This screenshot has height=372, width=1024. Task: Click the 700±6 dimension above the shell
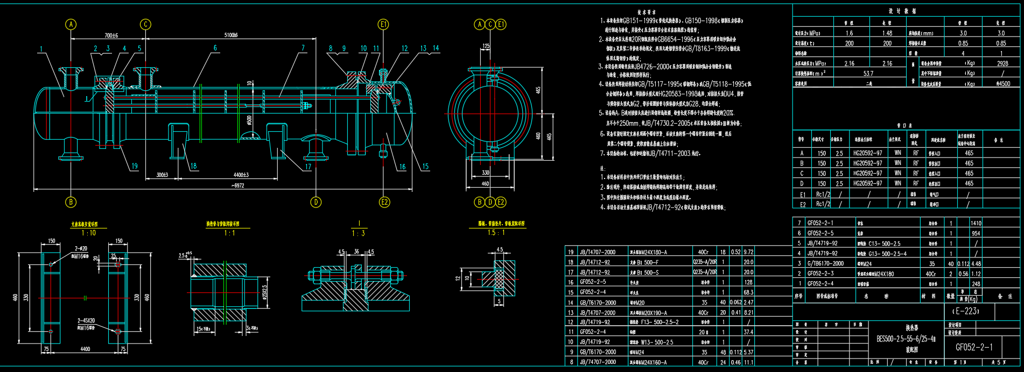tap(111, 35)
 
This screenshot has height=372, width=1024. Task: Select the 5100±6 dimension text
tap(231, 35)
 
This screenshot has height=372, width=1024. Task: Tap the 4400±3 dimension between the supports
tap(241, 175)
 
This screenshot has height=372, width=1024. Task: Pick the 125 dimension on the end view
tap(486, 46)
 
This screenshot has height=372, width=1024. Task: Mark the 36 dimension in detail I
tap(356, 252)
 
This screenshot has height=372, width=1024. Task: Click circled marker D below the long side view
tap(316, 202)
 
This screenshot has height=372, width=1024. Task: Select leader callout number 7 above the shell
tap(303, 48)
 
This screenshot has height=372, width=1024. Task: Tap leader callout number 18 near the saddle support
tap(194, 166)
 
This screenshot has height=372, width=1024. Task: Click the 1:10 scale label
tap(89, 233)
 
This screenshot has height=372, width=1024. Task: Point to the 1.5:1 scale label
tap(495, 232)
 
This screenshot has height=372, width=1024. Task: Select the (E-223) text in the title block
tap(966, 311)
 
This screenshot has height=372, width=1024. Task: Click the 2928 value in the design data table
tap(1002, 63)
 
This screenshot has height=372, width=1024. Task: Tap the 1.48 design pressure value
tap(887, 33)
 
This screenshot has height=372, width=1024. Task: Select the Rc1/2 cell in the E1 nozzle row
tap(823, 194)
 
